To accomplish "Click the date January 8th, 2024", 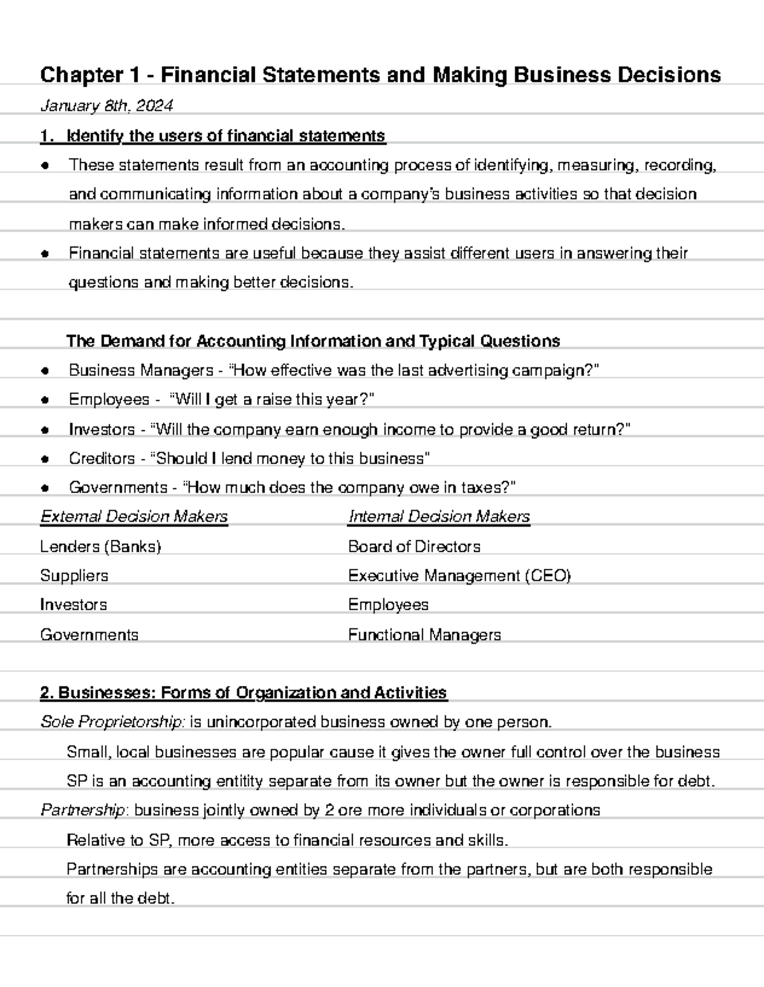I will (106, 106).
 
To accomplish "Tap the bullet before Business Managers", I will (45, 371).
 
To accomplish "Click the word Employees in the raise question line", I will (109, 400).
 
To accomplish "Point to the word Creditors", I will (102, 459).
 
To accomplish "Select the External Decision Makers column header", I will (134, 517).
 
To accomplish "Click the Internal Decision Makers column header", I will (439, 517).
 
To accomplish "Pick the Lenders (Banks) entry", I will (101, 547).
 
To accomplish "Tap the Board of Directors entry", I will (414, 547).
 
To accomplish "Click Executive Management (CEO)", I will (459, 576).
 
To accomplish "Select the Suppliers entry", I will (74, 576).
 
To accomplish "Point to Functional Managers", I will (424, 634).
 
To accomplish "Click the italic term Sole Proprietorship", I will (113, 722).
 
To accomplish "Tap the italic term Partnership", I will (85, 810).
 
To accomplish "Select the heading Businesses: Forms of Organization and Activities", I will (243, 692).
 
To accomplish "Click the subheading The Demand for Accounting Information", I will (313, 341).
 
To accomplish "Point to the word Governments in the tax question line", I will (118, 488).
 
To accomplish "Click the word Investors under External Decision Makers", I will (73, 605).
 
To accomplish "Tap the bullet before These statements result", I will (45, 166).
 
